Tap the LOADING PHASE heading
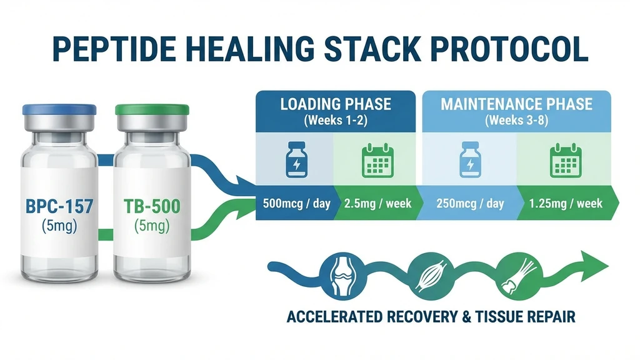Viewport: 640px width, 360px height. point(335,103)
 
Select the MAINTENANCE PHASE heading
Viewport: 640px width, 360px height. point(516,103)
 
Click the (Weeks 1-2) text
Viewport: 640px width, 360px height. point(335,120)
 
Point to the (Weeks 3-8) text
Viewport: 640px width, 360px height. point(516,120)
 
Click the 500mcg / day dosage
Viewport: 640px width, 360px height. point(293,203)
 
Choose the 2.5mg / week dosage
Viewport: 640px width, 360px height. point(376,203)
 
